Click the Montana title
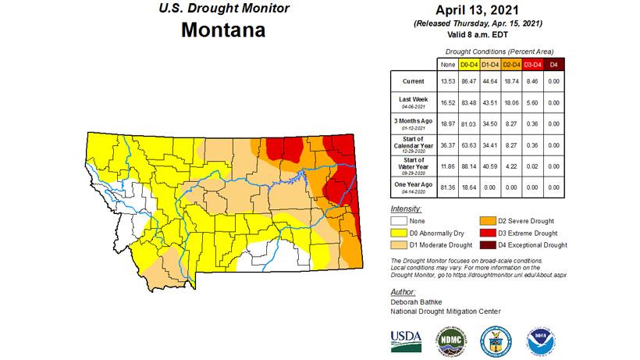223,30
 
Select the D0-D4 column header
470,64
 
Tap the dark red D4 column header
554,64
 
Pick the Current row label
414,80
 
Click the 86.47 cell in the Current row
470,80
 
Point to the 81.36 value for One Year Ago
448,187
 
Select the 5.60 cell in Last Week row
533,102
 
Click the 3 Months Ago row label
414,123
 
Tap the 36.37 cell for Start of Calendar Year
448,144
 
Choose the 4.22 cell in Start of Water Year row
512,166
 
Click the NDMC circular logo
450,340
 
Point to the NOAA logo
539,340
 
